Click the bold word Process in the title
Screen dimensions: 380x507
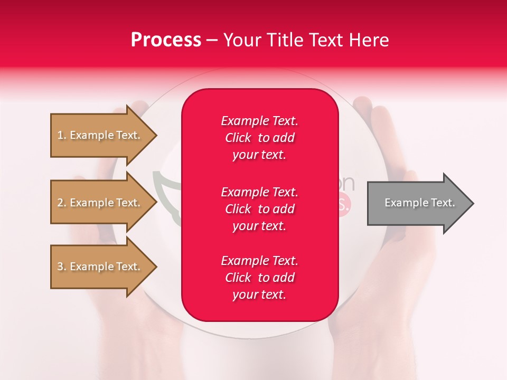[x=166, y=40]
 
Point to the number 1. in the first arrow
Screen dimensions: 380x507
[x=62, y=136]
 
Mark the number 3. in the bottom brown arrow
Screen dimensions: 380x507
[x=62, y=267]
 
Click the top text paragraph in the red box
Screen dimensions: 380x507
[x=259, y=138]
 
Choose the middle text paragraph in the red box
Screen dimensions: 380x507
[x=259, y=209]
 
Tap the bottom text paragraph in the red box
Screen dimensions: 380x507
[x=259, y=278]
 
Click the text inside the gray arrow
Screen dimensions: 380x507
[x=419, y=203]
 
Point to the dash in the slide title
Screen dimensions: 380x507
[x=212, y=41]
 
